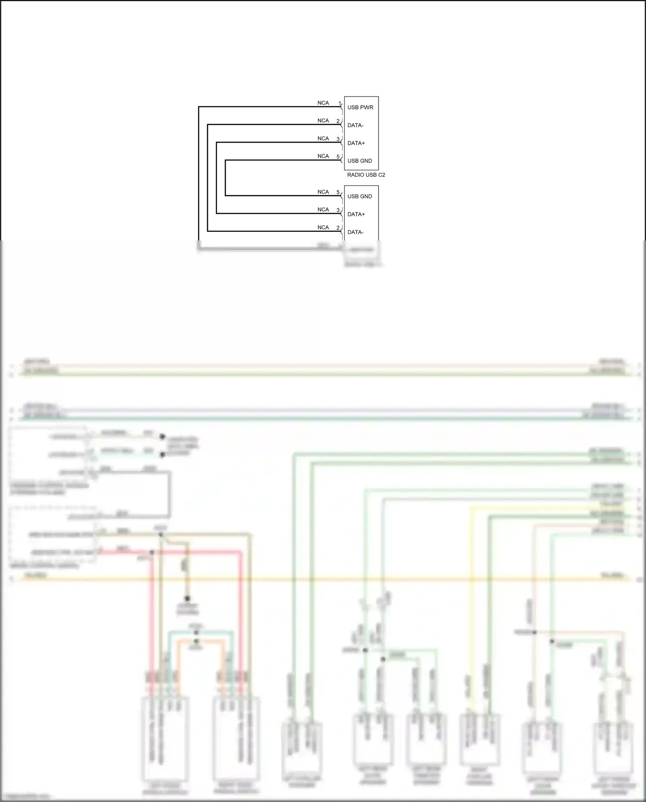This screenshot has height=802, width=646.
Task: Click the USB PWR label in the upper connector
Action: (x=360, y=107)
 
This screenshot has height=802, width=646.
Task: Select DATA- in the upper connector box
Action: (x=355, y=125)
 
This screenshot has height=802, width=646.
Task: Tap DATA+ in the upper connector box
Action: (x=356, y=143)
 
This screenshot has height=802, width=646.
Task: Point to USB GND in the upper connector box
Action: (x=360, y=161)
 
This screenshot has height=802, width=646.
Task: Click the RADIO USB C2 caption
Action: (x=366, y=175)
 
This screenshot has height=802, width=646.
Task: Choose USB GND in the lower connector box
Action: (x=360, y=197)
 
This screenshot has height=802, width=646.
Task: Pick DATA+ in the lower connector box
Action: (x=356, y=214)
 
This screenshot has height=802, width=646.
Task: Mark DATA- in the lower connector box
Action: (x=355, y=232)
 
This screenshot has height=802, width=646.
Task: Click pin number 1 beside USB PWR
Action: (x=339, y=103)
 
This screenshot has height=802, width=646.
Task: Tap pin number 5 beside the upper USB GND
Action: (x=338, y=157)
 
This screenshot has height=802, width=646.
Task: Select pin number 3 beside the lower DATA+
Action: (x=338, y=210)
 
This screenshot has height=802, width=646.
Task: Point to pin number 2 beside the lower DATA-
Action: (x=338, y=228)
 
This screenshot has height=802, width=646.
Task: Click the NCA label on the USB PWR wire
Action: (x=323, y=103)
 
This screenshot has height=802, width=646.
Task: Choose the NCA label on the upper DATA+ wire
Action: (x=323, y=138)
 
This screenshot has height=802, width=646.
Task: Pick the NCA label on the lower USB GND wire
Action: (x=323, y=192)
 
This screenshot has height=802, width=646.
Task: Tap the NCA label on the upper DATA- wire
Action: (x=323, y=121)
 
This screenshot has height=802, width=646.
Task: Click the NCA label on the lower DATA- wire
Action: (x=323, y=227)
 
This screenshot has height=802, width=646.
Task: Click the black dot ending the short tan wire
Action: (x=187, y=599)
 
